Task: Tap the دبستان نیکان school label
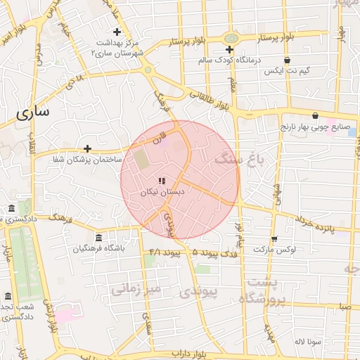coord(162,192)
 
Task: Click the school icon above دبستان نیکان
coord(162,181)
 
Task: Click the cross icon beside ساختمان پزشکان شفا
coord(87,148)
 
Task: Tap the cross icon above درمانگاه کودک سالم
coord(229,49)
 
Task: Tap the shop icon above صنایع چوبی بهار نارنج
coord(314,116)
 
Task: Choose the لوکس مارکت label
coord(274,250)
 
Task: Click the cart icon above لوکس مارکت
coord(274,238)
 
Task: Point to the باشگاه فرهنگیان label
coord(98,249)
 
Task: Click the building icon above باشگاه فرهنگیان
coord(98,238)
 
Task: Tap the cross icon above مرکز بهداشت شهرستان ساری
coord(117,32)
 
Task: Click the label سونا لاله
coord(309,341)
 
